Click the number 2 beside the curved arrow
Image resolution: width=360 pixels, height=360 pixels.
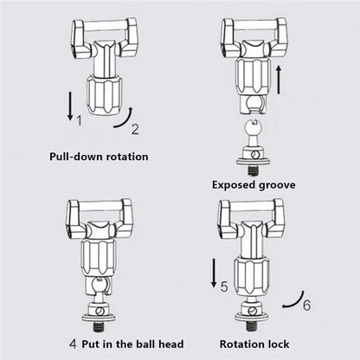click(x=135, y=130)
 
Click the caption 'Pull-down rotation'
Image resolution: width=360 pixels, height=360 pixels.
click(x=96, y=157)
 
